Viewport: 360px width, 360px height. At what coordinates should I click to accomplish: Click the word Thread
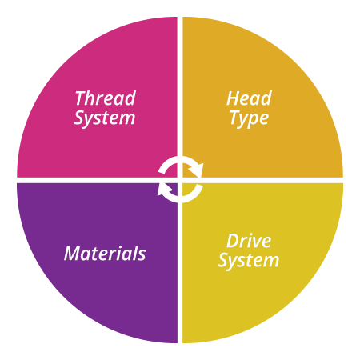coord(106,98)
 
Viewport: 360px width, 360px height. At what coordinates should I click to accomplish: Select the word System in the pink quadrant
coord(105,118)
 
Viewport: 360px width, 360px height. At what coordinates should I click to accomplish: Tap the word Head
coord(249,98)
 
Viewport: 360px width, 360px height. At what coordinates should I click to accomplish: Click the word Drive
coord(249,241)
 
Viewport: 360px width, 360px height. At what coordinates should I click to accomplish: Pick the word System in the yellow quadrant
coord(249,261)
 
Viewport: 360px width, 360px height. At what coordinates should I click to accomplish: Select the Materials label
coord(105,254)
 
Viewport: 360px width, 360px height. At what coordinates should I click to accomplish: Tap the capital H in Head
coord(233,98)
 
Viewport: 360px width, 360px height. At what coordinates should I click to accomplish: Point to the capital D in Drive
coord(233,241)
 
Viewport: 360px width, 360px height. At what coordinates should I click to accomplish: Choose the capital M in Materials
coord(73,254)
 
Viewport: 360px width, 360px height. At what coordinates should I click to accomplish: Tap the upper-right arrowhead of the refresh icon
coord(198,169)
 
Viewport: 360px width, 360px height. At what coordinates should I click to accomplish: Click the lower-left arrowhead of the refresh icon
coord(162,190)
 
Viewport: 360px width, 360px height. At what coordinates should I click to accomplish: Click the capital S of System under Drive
coord(223,260)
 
